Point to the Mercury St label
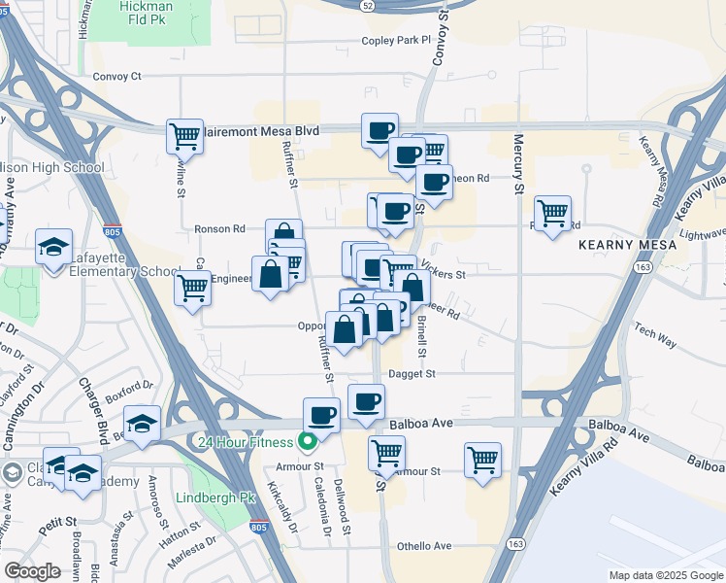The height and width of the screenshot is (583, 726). (x=518, y=162)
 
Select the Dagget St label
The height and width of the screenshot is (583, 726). (x=412, y=373)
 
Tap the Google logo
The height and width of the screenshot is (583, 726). (x=33, y=570)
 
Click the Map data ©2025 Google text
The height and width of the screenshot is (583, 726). (x=665, y=575)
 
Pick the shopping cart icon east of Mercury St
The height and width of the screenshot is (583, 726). (x=552, y=212)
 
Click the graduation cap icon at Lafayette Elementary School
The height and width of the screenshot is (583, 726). (x=53, y=245)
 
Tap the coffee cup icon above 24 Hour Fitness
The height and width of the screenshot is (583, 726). (x=321, y=414)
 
